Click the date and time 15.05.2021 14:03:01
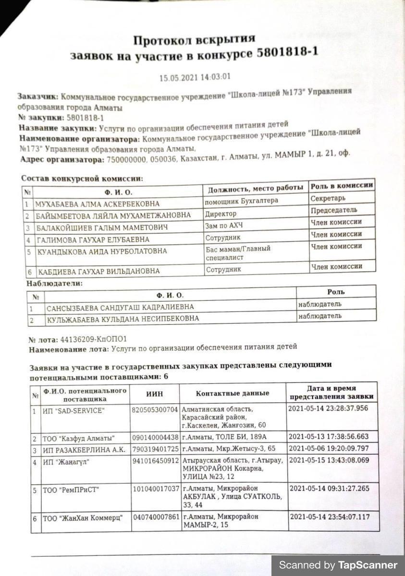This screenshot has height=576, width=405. pyautogui.click(x=195, y=77)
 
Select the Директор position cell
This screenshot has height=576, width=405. pyautogui.click(x=221, y=214)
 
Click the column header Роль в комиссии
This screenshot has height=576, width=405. pyautogui.click(x=342, y=186)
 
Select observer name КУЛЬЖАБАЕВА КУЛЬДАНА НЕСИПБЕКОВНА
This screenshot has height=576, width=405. pyautogui.click(x=123, y=319)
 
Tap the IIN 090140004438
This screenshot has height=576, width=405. pyautogui.click(x=155, y=438)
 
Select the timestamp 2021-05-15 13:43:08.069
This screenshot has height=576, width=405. pyautogui.click(x=330, y=461)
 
